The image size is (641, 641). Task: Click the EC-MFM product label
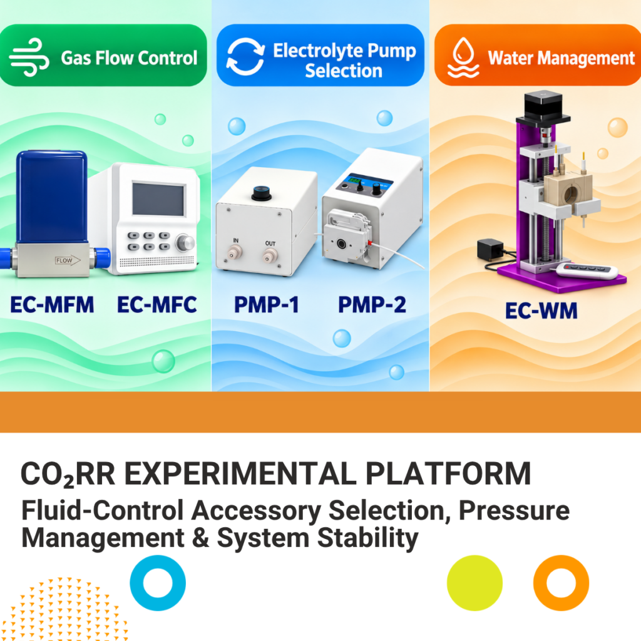[x=52, y=305]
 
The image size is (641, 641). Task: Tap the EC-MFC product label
[x=157, y=305]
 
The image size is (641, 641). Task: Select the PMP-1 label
[x=267, y=305]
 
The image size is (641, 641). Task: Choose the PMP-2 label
[x=372, y=305]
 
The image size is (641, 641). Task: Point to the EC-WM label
[x=541, y=310]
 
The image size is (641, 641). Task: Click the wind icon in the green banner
[x=29, y=57]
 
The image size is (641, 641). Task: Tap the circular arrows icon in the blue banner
[x=245, y=56]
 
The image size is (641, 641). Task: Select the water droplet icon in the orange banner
[x=463, y=58]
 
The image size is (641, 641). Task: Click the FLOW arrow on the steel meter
[x=68, y=260]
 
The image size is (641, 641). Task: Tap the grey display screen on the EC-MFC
[x=158, y=200]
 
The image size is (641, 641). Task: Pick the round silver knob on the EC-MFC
[x=185, y=243]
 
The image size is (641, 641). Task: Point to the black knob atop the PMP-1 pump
[x=262, y=193]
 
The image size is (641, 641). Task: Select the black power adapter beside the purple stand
[x=490, y=249]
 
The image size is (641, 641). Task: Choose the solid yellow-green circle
[x=474, y=583]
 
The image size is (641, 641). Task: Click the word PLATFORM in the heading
[x=448, y=474]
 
